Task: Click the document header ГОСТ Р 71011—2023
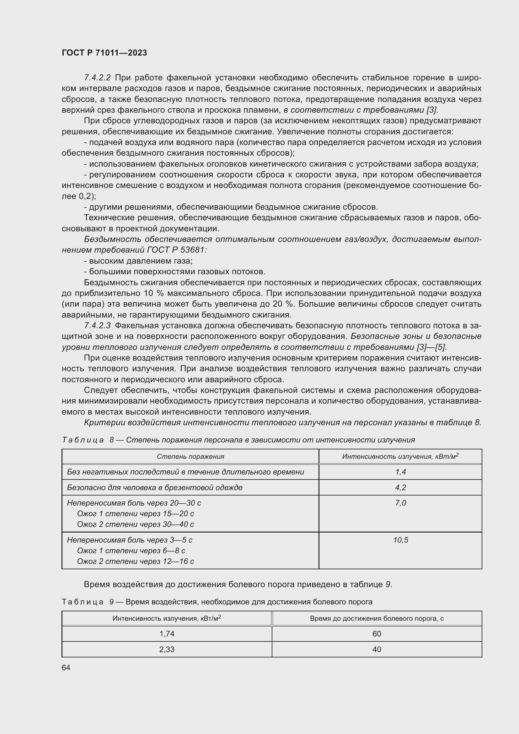pyautogui.click(x=104, y=53)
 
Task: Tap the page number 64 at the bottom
pyautogui.click(x=66, y=667)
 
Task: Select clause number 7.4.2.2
pyautogui.click(x=97, y=78)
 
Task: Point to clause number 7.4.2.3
pyautogui.click(x=97, y=325)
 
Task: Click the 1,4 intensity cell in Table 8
pyautogui.click(x=400, y=472)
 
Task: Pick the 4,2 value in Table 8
pyautogui.click(x=400, y=488)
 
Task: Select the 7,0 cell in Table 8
pyautogui.click(x=400, y=503)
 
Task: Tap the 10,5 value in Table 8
pyautogui.click(x=400, y=540)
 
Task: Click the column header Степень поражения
pyautogui.click(x=190, y=457)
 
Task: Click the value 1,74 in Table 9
pyautogui.click(x=167, y=634)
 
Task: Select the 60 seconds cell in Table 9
pyautogui.click(x=377, y=634)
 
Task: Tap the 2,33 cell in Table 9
pyautogui.click(x=167, y=649)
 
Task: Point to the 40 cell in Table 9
pyautogui.click(x=377, y=649)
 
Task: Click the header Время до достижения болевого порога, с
pyautogui.click(x=377, y=618)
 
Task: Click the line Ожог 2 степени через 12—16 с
pyautogui.click(x=136, y=561)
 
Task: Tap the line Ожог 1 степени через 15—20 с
pyautogui.click(x=136, y=514)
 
